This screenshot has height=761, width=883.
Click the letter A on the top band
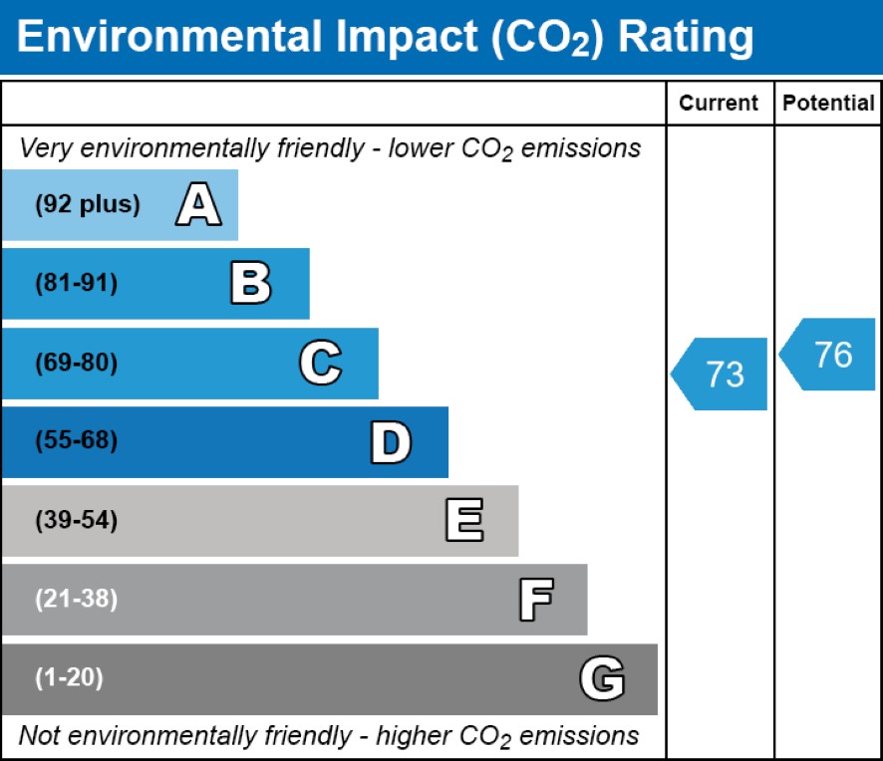point(198,206)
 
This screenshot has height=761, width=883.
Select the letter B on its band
point(250,284)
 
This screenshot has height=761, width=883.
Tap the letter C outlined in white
point(320,364)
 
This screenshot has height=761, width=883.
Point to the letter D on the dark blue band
point(391,442)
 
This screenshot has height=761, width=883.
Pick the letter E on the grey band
point(464,521)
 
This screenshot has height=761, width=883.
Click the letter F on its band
point(535,600)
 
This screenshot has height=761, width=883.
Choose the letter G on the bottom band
point(602,679)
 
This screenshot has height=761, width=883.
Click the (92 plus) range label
point(88,205)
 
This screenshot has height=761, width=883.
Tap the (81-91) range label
point(76,284)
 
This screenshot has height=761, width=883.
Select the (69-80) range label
point(76,364)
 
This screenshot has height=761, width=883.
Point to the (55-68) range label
point(76,441)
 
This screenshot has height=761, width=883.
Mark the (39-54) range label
point(76,521)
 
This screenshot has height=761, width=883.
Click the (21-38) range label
point(76,600)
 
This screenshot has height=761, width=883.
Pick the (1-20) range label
point(69,679)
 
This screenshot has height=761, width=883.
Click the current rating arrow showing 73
point(721,374)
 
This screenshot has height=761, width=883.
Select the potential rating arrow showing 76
point(829,355)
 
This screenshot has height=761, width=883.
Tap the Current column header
point(719,104)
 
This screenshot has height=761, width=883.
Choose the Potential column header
point(828,104)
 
